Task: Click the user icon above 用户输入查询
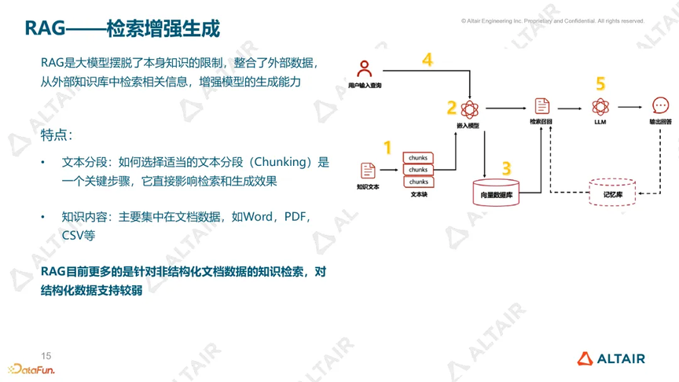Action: [364, 68]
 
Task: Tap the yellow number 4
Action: [428, 60]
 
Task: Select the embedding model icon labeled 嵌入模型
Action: [469, 109]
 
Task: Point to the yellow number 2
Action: [452, 108]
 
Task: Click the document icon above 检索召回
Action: [541, 106]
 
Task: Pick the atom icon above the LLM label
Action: [600, 107]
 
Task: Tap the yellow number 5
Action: [600, 83]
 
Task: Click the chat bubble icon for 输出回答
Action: [660, 105]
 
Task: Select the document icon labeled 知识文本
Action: [368, 171]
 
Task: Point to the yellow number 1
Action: [387, 148]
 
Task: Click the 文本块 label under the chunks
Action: [419, 194]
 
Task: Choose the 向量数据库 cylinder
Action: [496, 193]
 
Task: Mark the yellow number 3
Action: [507, 168]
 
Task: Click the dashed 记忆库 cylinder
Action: [612, 193]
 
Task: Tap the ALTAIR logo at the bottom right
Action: [611, 358]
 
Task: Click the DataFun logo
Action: [31, 369]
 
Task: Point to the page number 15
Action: [46, 356]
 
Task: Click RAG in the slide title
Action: [45, 28]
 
